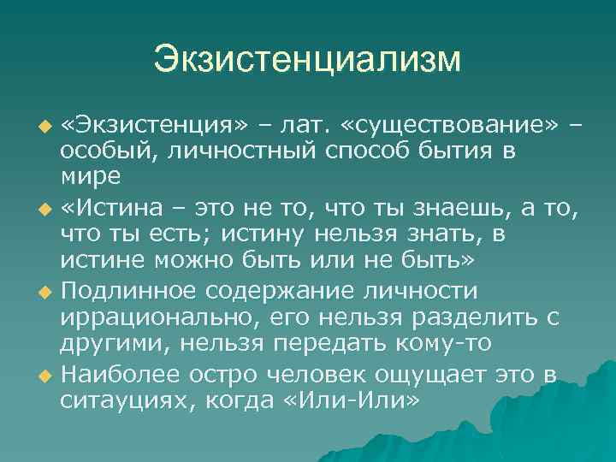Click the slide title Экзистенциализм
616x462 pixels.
coord(307,60)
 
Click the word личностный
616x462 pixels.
coord(224,151)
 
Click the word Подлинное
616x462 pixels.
coord(132,291)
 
